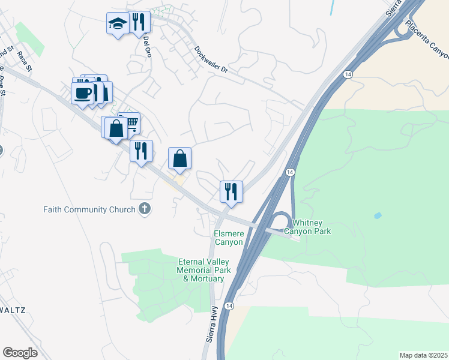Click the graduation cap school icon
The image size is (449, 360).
118,24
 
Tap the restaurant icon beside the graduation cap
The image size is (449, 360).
139,22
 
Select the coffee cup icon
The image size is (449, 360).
82,93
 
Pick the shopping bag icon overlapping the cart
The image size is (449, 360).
115,128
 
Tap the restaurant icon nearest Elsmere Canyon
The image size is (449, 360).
231,192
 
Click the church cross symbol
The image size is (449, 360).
144,209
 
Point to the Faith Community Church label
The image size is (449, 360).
89,209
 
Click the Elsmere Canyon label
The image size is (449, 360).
229,238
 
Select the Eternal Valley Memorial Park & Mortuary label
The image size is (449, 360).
204,270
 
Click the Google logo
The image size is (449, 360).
20,353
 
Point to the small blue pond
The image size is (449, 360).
377,215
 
